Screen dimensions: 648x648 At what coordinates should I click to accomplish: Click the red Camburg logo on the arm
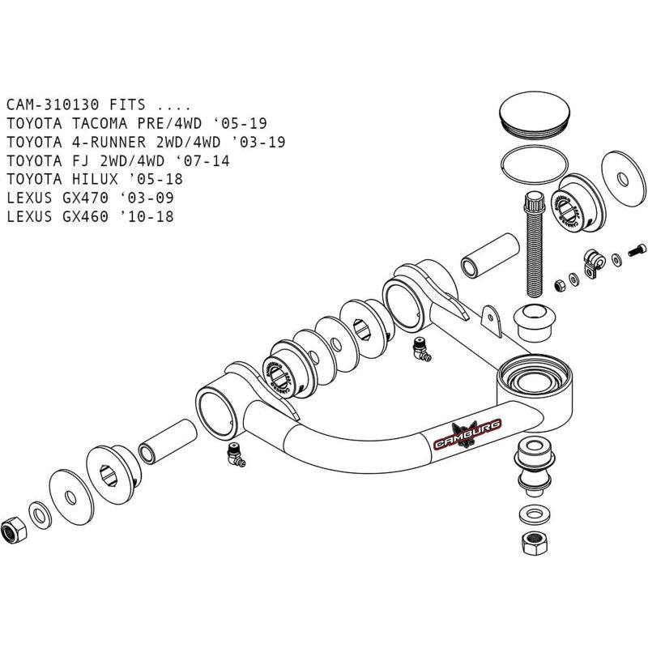(467, 436)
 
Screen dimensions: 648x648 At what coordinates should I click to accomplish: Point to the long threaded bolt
(535, 243)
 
